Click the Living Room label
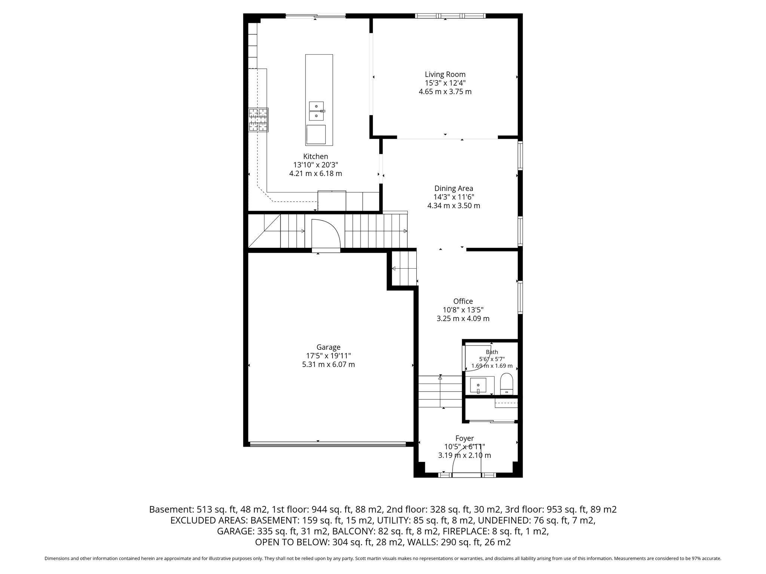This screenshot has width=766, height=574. point(445,74)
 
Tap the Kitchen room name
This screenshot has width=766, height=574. point(316,157)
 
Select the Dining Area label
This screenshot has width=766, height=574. point(454,189)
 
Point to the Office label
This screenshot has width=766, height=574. point(463,301)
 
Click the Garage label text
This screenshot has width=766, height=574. point(328,348)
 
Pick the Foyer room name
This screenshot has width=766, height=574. point(465,438)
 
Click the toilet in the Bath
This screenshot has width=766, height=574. point(507,384)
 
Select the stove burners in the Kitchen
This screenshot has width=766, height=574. point(258,120)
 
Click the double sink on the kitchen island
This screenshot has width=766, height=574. point(316,111)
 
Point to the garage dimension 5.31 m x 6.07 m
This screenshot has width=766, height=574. point(328,364)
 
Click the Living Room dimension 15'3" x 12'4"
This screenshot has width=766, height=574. point(445,83)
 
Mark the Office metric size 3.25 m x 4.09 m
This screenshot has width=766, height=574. point(463,319)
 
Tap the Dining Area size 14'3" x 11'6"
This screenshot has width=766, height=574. point(454,197)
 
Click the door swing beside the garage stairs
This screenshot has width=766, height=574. point(325,234)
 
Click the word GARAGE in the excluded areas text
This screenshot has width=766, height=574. point(236,531)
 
